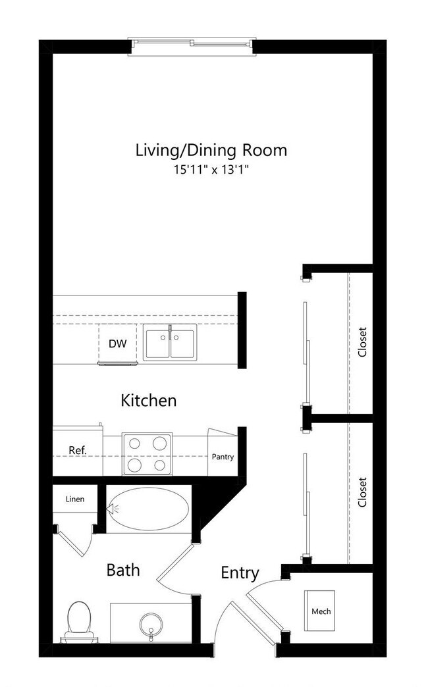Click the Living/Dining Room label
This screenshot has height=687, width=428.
click(211, 150)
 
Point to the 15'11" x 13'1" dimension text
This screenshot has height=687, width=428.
click(211, 170)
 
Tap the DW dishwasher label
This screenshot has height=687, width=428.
click(117, 343)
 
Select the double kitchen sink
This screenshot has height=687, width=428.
click(170, 343)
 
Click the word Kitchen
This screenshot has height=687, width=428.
click(149, 400)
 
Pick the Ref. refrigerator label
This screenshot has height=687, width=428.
click(77, 451)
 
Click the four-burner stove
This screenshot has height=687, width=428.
click(146, 454)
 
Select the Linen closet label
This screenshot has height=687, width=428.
click(74, 499)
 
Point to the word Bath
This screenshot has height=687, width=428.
click(123, 570)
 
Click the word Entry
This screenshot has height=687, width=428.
click(240, 573)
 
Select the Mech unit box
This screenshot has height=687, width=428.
click(321, 611)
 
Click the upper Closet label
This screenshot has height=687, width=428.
click(361, 342)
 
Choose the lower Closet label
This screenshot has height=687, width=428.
click(361, 492)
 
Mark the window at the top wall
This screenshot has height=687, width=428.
click(191, 44)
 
